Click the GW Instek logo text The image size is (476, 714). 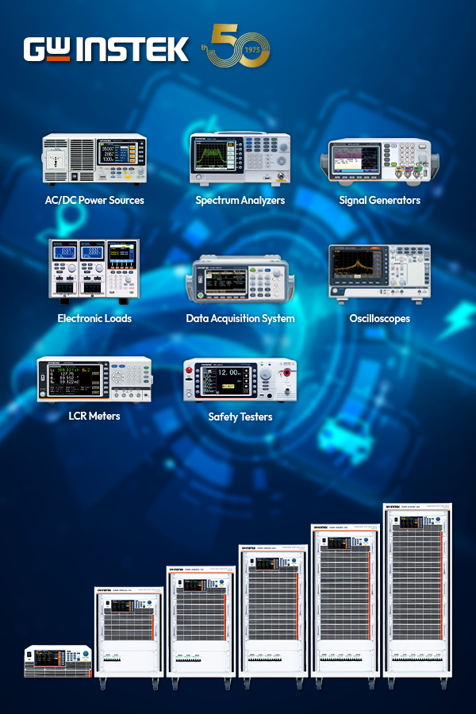click(x=106, y=49)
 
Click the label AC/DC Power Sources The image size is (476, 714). click(x=94, y=201)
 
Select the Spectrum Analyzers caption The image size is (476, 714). click(x=240, y=201)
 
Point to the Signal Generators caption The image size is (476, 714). click(x=379, y=201)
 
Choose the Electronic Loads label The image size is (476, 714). click(x=94, y=318)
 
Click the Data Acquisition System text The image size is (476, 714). click(x=240, y=318)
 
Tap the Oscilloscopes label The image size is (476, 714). click(x=379, y=318)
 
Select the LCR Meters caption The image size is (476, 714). click(x=94, y=416)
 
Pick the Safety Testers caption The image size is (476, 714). click(x=240, y=416)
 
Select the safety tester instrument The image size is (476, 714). click(x=240, y=380)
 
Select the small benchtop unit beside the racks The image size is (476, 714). click(x=58, y=661)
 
